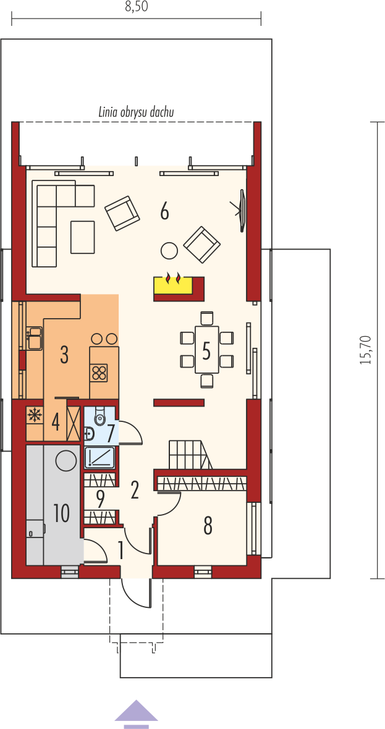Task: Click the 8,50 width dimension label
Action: pos(136,8)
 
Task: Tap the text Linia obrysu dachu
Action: pos(136,112)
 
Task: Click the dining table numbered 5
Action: pos(207,349)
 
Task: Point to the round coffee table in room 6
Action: pos(169,251)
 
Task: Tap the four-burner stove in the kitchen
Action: pos(99,373)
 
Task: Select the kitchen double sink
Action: pos(34,338)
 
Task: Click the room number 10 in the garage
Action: pos(61,513)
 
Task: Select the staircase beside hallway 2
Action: pos(190,456)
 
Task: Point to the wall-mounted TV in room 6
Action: pos(242,209)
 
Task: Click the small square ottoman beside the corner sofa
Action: pos(83,237)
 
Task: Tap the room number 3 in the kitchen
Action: pos(64,354)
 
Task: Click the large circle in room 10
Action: pos(66,461)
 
